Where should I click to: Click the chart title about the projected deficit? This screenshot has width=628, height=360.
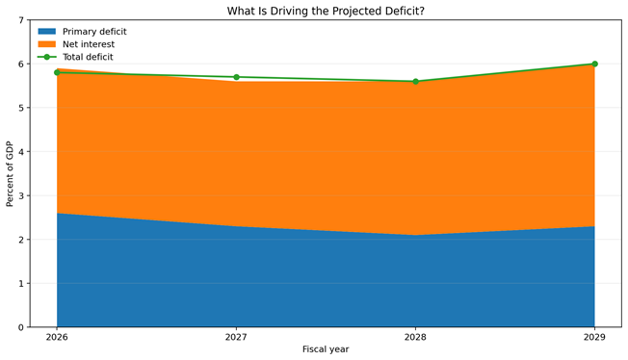pos(326,11)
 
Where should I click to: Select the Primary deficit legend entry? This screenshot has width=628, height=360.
pos(82,31)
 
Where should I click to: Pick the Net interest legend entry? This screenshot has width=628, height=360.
pos(76,44)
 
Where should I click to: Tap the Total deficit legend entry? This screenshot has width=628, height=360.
pos(75,57)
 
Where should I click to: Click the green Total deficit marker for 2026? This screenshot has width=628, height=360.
pos(57,72)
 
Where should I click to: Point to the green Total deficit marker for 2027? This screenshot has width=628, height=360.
pos(236,77)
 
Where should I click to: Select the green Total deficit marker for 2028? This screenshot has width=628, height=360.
pos(415,81)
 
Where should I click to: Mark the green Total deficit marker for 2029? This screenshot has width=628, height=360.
pos(594,64)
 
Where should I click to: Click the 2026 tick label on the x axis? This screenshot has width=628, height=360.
pos(57,337)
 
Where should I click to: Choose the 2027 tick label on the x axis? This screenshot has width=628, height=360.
pos(236,337)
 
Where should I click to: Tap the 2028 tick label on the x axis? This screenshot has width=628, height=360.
pos(415,337)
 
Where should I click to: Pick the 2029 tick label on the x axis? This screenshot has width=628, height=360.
pos(594,337)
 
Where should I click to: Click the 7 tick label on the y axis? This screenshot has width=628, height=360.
pos(21,20)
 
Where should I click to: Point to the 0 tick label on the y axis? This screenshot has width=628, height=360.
pos(21,327)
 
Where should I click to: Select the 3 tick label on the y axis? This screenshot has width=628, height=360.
pos(21,195)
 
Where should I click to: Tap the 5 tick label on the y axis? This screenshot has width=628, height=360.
pos(21,108)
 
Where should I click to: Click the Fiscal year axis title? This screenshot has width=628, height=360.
pos(326,349)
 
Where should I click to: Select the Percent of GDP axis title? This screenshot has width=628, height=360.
pos(10,174)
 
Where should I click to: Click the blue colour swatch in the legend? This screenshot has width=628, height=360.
pos(47,31)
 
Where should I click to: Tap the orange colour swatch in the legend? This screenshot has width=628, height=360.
pos(47,44)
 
